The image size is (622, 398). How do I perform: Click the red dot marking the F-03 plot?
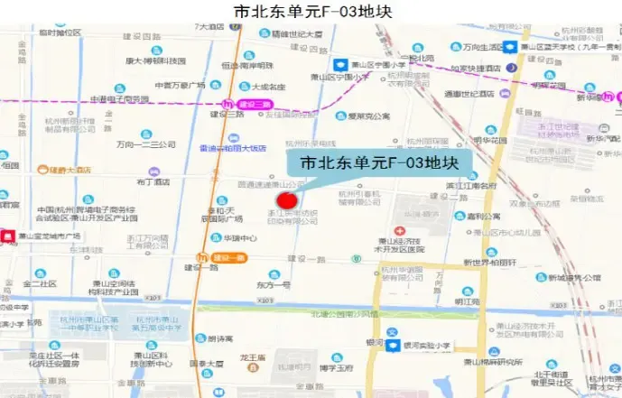tap(287, 200)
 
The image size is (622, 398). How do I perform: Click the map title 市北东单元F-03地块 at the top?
tap(311, 12)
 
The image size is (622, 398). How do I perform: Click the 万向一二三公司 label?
tap(145, 144)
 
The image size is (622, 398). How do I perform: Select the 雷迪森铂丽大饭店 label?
tap(233, 148)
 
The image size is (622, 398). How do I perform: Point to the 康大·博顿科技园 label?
tap(155, 60)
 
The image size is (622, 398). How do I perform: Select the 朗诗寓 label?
tap(220, 339)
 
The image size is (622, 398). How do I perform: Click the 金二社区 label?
tap(40, 283)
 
